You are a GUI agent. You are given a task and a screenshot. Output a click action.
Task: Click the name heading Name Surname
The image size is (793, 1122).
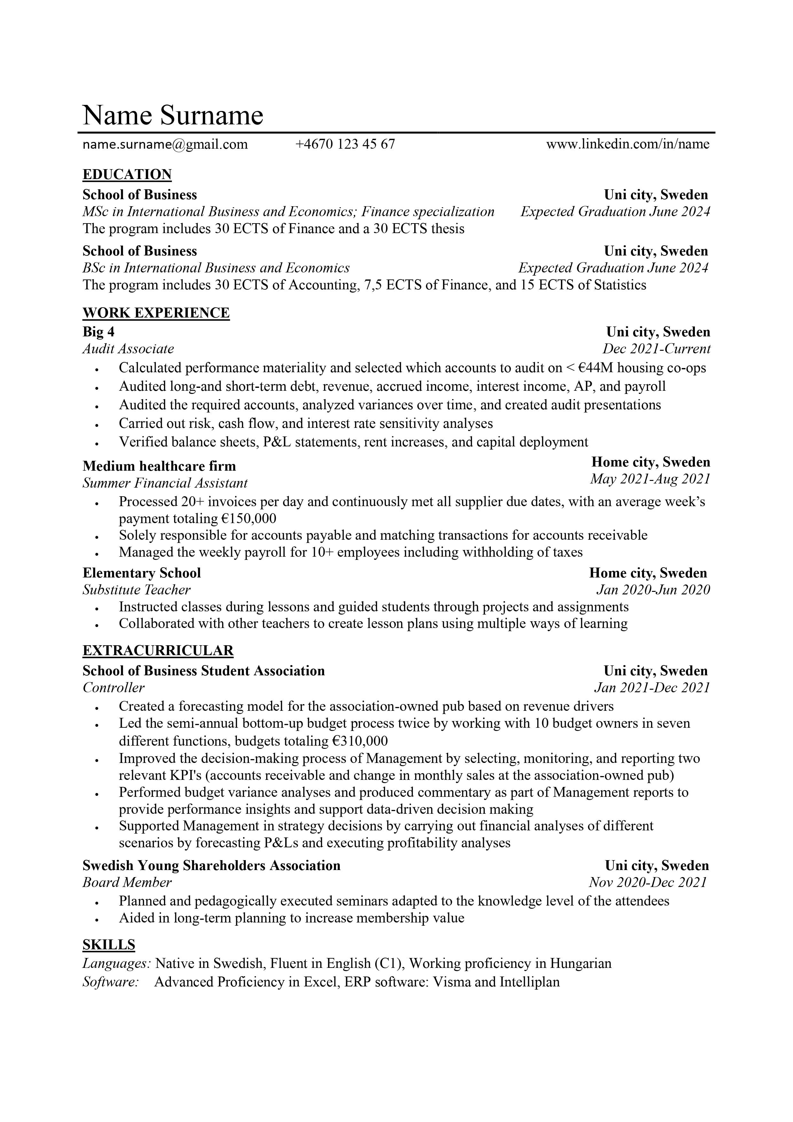click(173, 115)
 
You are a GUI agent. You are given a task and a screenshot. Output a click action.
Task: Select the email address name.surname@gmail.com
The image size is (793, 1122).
click(165, 144)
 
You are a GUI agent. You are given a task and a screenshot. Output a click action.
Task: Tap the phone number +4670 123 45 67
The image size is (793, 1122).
click(345, 144)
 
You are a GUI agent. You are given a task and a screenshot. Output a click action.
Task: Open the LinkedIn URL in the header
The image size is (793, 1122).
click(627, 144)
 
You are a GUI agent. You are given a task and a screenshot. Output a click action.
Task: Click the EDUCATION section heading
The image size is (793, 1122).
click(127, 175)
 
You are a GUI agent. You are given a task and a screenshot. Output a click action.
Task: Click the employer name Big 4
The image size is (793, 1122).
click(98, 332)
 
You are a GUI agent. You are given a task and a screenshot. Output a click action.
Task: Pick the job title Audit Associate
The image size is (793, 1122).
click(128, 349)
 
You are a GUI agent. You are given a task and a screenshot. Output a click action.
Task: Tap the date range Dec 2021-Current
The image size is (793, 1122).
click(656, 349)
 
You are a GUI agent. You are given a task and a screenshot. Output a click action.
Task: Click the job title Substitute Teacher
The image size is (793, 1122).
click(136, 590)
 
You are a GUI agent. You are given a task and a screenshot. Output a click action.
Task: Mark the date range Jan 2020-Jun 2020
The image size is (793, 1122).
click(653, 590)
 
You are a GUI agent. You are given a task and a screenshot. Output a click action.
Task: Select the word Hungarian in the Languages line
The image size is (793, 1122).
click(580, 964)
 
